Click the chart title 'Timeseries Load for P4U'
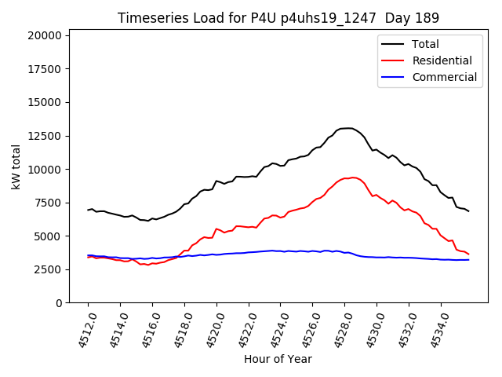point(278,18)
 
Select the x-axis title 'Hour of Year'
point(278,359)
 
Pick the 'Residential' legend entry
point(442,60)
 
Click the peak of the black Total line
point(348,127)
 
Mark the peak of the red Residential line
point(353,178)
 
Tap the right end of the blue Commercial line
point(469,260)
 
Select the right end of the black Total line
point(469,211)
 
